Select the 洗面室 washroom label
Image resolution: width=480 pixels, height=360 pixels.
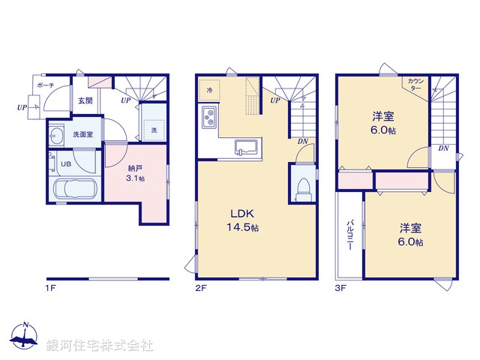(x=82, y=135)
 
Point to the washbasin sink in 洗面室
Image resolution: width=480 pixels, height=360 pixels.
(x=58, y=136)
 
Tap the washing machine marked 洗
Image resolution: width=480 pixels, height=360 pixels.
(x=153, y=130)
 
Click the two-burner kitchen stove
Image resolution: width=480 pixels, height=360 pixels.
(x=208, y=118)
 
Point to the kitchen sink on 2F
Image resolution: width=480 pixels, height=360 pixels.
(x=245, y=146)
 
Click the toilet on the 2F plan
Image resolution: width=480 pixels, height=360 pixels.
(x=302, y=187)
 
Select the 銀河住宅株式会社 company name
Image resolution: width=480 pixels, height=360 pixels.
(x=100, y=345)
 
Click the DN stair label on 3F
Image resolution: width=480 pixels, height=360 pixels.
(x=444, y=148)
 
